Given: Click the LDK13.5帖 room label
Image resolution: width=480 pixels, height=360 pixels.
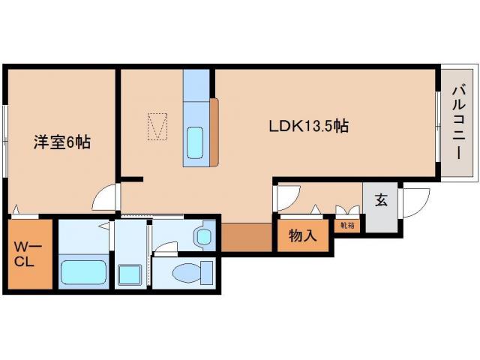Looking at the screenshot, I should click(x=308, y=126).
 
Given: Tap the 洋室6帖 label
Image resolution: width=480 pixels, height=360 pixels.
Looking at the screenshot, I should click(x=61, y=141).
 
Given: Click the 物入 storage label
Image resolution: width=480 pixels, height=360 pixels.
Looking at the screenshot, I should click(x=303, y=236).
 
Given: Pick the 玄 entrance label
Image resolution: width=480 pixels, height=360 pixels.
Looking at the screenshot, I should click(x=380, y=200).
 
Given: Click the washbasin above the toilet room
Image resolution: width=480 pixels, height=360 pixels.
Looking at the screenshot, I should click(x=204, y=238).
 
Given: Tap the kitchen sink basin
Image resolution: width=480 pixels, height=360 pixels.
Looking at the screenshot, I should click(x=195, y=141).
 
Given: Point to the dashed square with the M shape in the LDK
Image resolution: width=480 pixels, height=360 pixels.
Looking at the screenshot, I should click(x=157, y=126).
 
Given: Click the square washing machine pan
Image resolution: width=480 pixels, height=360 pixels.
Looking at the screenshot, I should click(x=130, y=274).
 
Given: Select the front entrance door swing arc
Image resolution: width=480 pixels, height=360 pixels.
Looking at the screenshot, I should click(x=415, y=201).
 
